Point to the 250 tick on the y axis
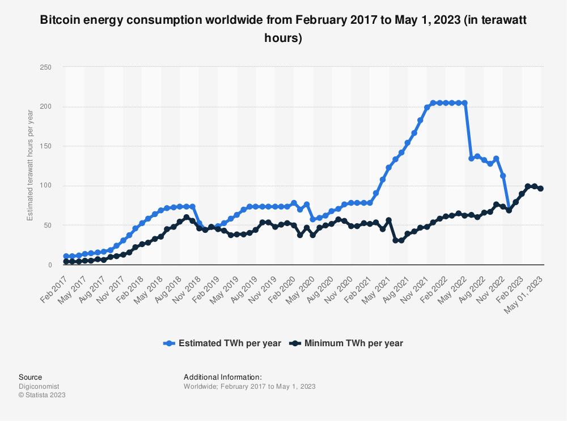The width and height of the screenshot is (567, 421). pos(46,67)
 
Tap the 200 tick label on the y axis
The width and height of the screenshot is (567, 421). pos(46,107)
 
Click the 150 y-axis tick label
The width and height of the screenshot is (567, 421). pos(46,146)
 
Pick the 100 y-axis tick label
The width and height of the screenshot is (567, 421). pos(46,186)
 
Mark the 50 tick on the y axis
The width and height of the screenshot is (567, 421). pos(48,226)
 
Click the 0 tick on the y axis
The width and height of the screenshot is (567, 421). pos(49,265)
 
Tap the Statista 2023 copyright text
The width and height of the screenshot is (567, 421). pos(42,395)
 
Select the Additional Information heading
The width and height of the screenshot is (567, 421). pos(223,377)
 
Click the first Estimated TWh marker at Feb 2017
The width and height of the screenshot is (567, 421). pos(66,257)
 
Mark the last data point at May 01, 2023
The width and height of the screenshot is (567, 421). pos(540,189)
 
